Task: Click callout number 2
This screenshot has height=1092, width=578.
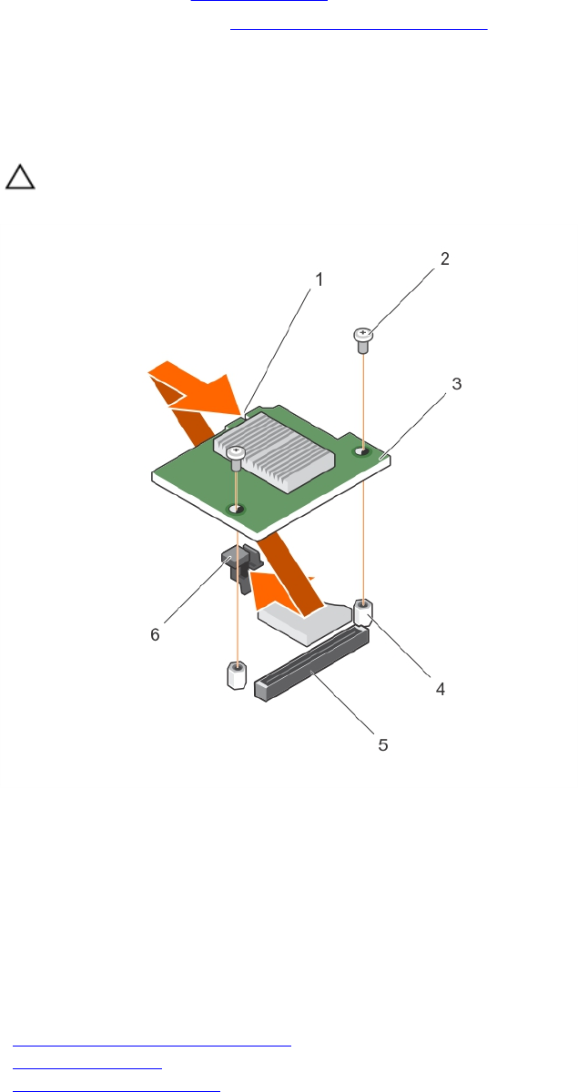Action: (x=445, y=258)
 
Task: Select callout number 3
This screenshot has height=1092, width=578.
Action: (x=458, y=384)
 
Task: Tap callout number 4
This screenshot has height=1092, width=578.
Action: (x=441, y=689)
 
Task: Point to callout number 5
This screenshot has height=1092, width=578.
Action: (x=383, y=744)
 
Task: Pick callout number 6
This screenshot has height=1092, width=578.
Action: (x=155, y=634)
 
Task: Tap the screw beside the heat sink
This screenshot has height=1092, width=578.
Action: (x=236, y=457)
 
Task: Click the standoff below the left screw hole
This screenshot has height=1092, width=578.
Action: (x=237, y=676)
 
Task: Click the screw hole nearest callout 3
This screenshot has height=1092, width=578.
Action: (x=363, y=450)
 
